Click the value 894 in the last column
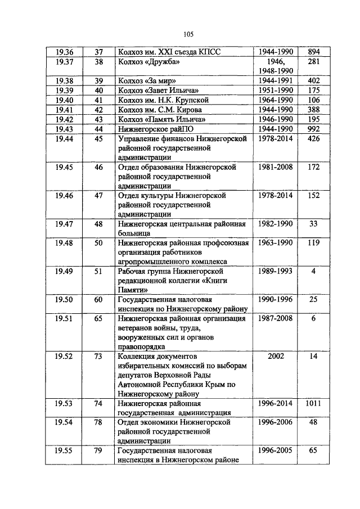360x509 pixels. (x=313, y=52)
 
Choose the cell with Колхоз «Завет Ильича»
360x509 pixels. (x=154, y=90)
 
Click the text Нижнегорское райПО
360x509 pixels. (x=152, y=129)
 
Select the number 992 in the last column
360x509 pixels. (x=313, y=129)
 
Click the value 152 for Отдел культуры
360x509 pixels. (x=313, y=195)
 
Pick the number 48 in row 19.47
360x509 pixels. (x=98, y=223)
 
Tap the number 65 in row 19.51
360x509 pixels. (x=98, y=318)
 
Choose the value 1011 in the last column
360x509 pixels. (x=313, y=403)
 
